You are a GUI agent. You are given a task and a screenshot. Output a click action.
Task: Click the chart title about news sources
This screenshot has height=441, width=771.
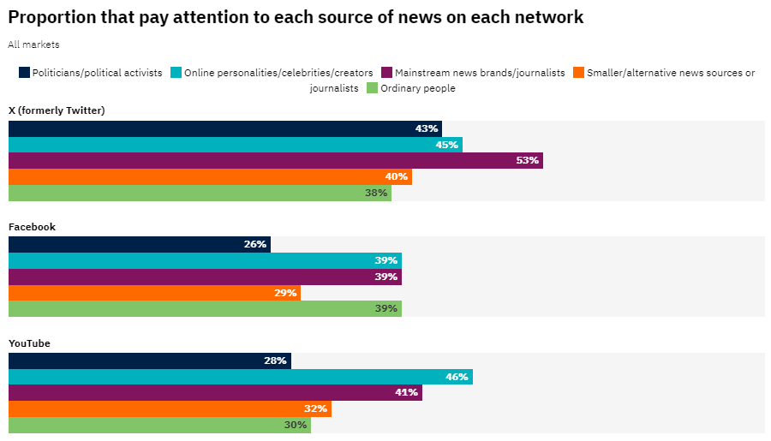296,17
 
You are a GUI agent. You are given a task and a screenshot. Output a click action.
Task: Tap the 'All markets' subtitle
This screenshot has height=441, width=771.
33,45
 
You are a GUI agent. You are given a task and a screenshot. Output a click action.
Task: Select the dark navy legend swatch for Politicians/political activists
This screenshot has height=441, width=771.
24,73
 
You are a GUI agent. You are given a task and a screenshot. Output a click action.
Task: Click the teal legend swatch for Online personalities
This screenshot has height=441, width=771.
176,73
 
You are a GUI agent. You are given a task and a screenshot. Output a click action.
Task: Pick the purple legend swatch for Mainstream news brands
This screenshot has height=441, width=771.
387,73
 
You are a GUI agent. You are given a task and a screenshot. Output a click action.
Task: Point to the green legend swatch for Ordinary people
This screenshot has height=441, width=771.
373,87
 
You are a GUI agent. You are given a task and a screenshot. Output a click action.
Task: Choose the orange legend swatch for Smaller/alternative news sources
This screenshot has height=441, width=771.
579,73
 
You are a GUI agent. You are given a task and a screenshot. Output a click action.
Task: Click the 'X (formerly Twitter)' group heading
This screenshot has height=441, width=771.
57,110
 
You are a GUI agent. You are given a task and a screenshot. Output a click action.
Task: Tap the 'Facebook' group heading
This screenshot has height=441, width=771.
32,227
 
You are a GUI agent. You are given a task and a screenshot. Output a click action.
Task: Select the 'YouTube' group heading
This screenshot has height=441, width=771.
29,343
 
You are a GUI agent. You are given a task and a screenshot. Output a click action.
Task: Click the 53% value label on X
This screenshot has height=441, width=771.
528,161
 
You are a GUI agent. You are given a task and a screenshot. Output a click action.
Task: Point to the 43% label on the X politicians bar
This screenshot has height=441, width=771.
427,128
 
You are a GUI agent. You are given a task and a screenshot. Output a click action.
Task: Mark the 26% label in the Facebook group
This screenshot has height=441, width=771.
255,245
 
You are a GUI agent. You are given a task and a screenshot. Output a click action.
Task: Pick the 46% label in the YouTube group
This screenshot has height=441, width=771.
457,377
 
